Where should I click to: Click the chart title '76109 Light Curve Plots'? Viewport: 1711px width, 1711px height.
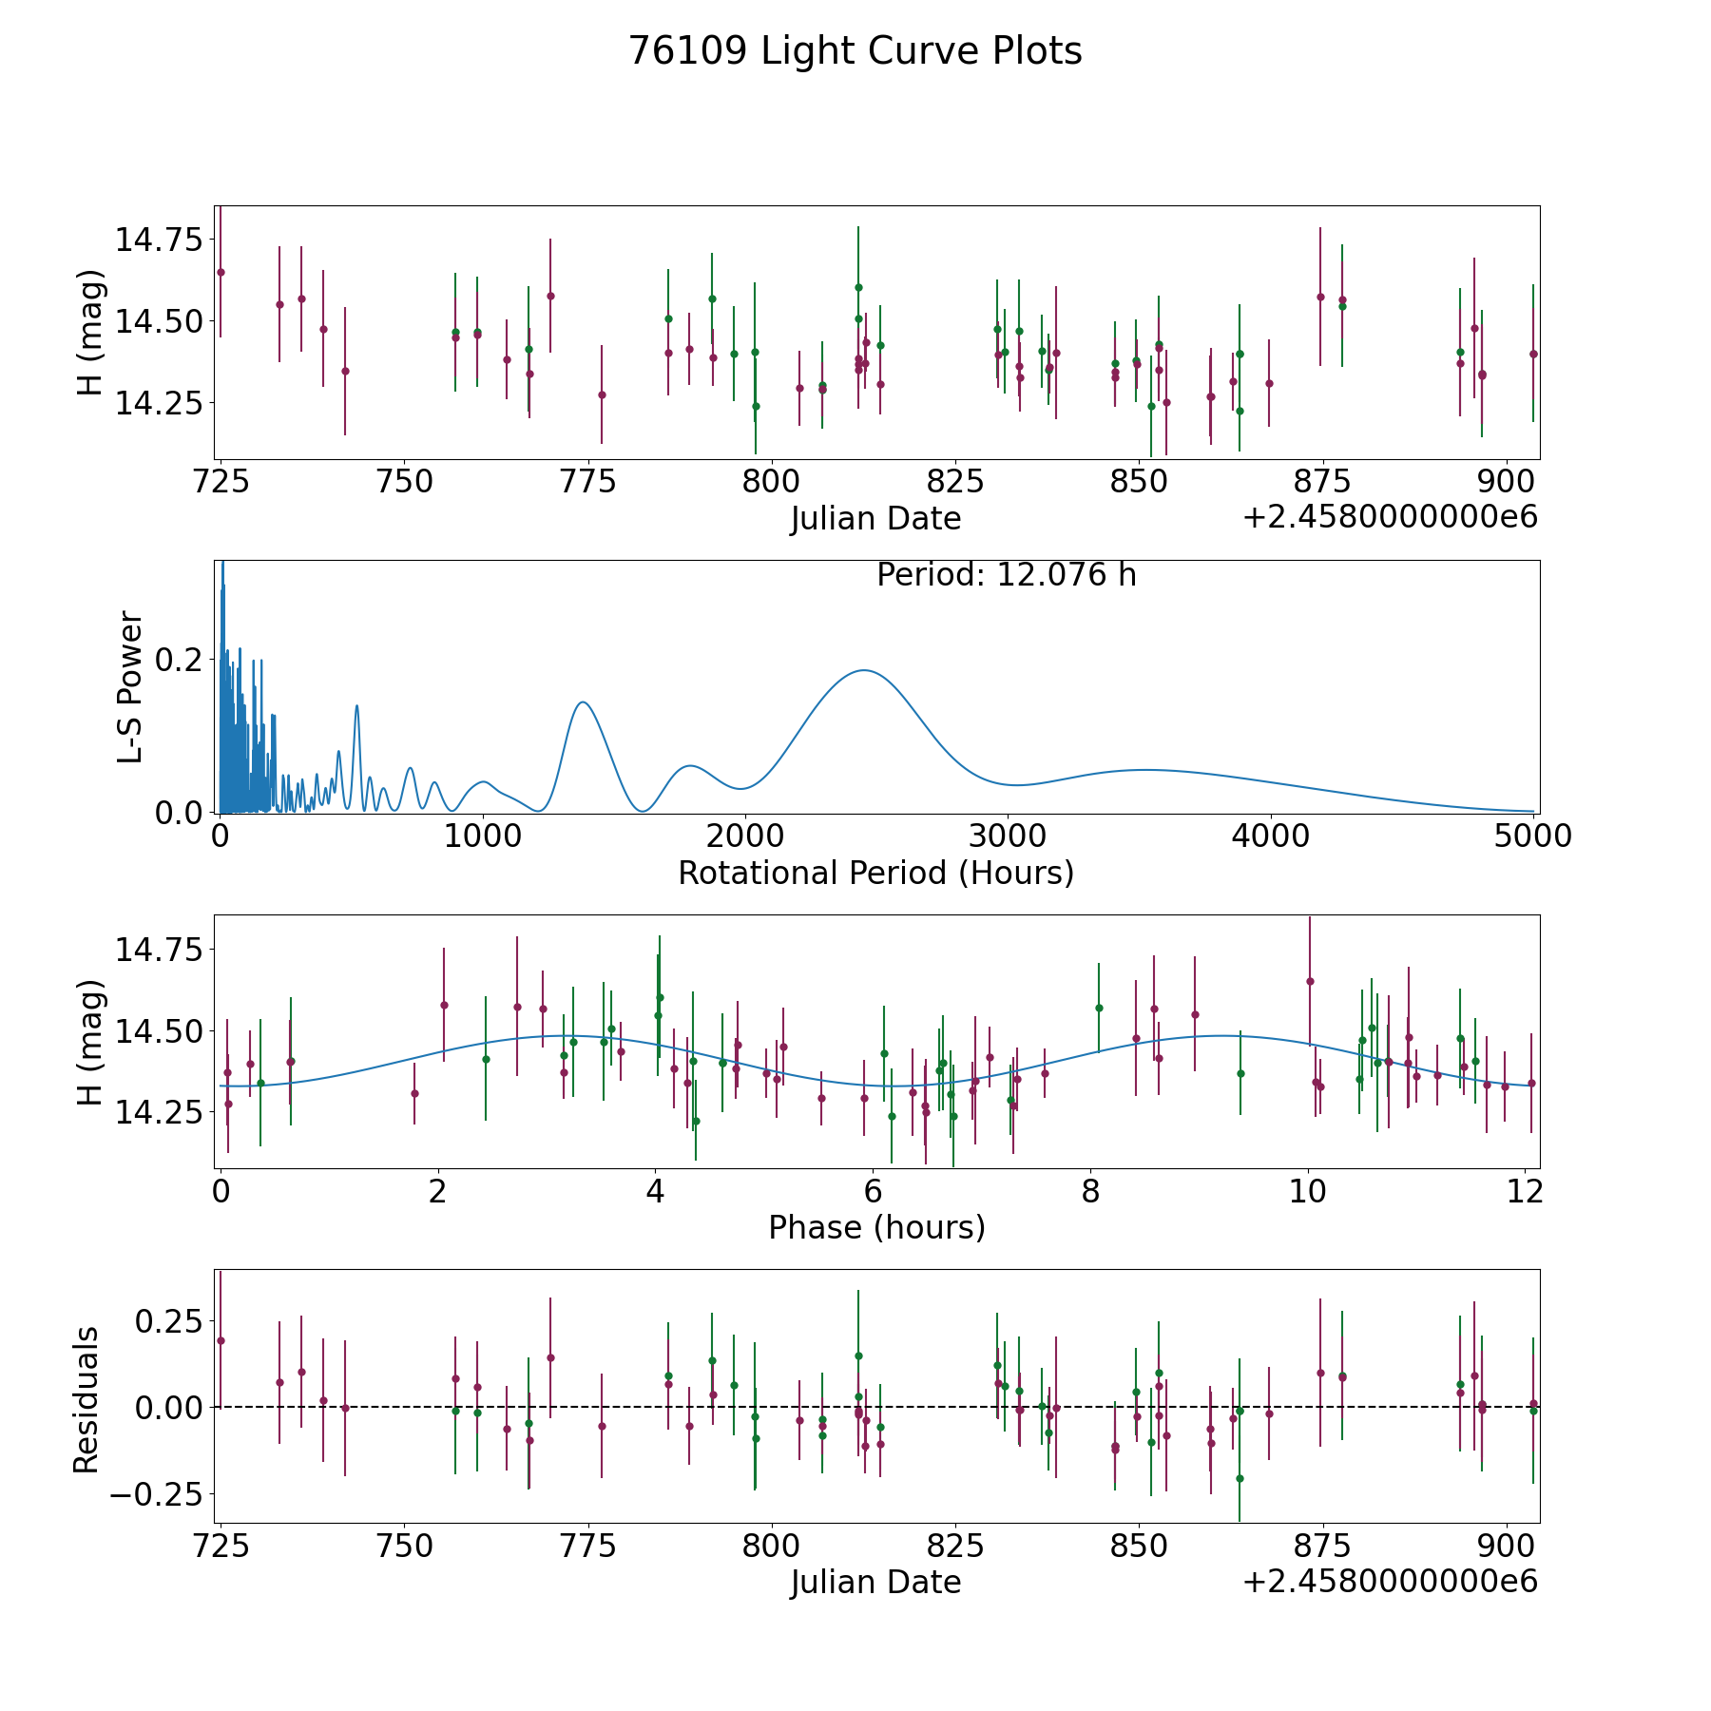point(855,51)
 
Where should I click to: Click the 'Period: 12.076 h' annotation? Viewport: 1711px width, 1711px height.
point(1007,575)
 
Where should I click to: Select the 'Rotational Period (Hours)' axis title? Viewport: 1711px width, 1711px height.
point(876,873)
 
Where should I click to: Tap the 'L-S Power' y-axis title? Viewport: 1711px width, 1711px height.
point(130,687)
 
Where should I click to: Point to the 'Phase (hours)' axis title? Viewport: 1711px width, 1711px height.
point(876,1227)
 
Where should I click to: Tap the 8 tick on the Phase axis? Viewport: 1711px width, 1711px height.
point(1089,1191)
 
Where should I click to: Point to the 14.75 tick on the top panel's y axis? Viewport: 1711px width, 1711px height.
point(159,239)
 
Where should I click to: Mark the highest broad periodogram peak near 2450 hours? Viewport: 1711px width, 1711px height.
point(863,670)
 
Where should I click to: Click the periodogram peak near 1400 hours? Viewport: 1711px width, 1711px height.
point(582,702)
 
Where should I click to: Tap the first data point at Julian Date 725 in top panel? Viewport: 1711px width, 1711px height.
point(221,272)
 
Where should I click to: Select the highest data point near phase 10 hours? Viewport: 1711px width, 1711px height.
point(1309,981)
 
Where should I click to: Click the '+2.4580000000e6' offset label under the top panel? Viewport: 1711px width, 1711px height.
point(1390,517)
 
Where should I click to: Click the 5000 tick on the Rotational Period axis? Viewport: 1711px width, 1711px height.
point(1532,836)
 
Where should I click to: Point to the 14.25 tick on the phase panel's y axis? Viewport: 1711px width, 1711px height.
point(159,1112)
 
